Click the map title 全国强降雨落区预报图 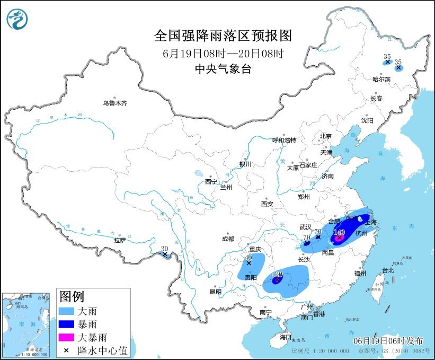click(x=223, y=36)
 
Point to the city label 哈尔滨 click(x=381, y=80)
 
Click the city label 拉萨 click(x=120, y=240)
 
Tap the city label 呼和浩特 click(x=285, y=140)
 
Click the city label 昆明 click(x=216, y=291)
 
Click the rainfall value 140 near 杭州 click(x=339, y=232)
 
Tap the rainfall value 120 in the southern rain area click(x=277, y=275)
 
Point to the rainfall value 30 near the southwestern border click(x=165, y=248)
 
